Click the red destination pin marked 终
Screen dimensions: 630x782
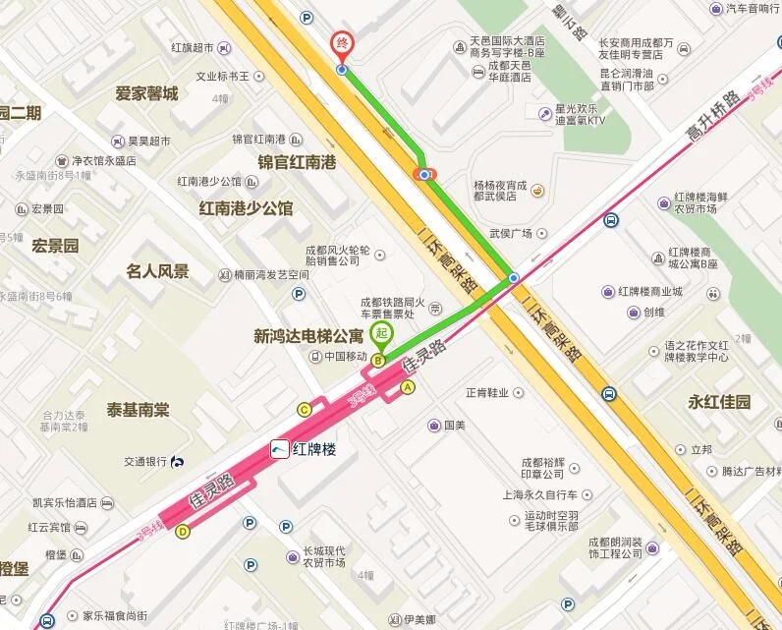(341, 45)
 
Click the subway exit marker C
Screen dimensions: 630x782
(305, 409)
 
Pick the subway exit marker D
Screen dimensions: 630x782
(182, 532)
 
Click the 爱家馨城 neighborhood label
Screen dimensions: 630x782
(146, 94)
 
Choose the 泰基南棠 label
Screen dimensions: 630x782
(139, 410)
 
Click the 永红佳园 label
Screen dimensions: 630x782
(719, 402)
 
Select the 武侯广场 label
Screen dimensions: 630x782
(510, 234)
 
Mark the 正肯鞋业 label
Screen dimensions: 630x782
(487, 392)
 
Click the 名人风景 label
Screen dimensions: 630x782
(157, 271)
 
